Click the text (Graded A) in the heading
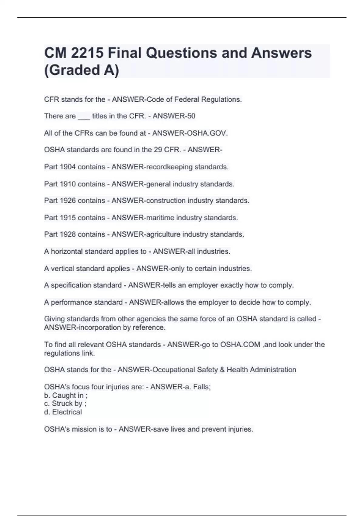pyautogui.click(x=82, y=70)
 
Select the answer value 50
pyautogui.click(x=191, y=116)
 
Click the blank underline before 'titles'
pyautogui.click(x=84, y=117)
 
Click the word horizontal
pyautogui.click(x=67, y=251)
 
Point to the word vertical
pyautogui.click(x=62, y=269)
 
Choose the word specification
pyautogui.click(x=71, y=285)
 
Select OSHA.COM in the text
pyautogui.click(x=240, y=345)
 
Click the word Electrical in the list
pyautogui.click(x=67, y=412)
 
